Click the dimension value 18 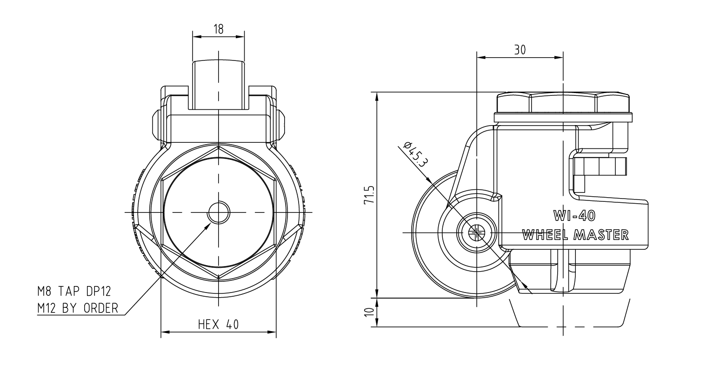coord(219,29)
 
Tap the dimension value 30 coord(520,50)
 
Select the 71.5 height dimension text coord(369,195)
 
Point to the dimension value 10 coord(369,312)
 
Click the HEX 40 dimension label coord(219,324)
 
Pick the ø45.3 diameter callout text coord(415,154)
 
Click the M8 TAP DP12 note coord(74,291)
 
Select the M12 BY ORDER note coord(78,308)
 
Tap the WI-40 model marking coord(574,216)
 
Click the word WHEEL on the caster coord(545,235)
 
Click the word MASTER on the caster coord(601,235)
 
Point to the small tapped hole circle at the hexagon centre coord(219,213)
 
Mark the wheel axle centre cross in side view coord(476,233)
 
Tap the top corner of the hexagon coord(219,146)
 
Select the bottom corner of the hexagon coord(219,278)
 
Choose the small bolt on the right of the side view coord(600,166)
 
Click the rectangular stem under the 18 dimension coord(219,84)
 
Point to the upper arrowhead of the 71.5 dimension coord(377,96)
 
